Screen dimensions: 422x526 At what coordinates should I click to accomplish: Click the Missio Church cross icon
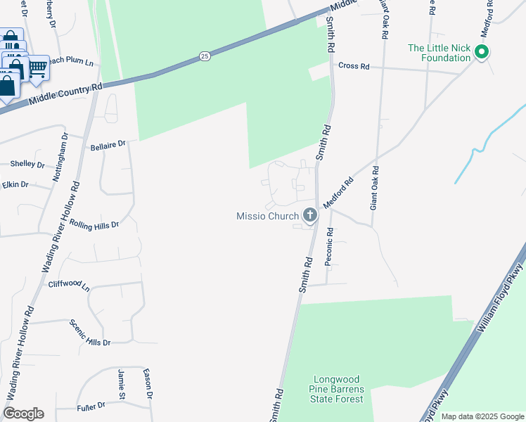tap(309, 215)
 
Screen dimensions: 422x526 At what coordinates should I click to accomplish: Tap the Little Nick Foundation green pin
tap(482, 51)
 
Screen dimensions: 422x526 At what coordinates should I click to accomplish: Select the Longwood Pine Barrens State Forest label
tap(337, 389)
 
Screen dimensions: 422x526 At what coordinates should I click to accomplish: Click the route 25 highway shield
tap(204, 56)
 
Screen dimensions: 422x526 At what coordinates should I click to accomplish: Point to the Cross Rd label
tap(354, 66)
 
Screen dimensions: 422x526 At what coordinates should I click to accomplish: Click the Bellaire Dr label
tap(108, 146)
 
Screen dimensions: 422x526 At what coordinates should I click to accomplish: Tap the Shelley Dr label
tap(27, 164)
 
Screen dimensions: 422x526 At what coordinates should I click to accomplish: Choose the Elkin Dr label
tap(15, 184)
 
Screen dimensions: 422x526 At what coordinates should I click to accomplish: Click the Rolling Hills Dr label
tap(94, 224)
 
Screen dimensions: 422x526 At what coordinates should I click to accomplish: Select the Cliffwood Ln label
tap(70, 287)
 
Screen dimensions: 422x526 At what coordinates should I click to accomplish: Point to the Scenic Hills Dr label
tap(90, 333)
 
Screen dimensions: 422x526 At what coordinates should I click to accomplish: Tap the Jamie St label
tap(122, 381)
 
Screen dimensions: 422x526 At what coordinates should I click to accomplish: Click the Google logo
tap(23, 414)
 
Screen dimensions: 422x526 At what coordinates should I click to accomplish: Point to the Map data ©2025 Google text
tap(482, 416)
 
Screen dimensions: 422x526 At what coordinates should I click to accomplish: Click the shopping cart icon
tap(38, 68)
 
